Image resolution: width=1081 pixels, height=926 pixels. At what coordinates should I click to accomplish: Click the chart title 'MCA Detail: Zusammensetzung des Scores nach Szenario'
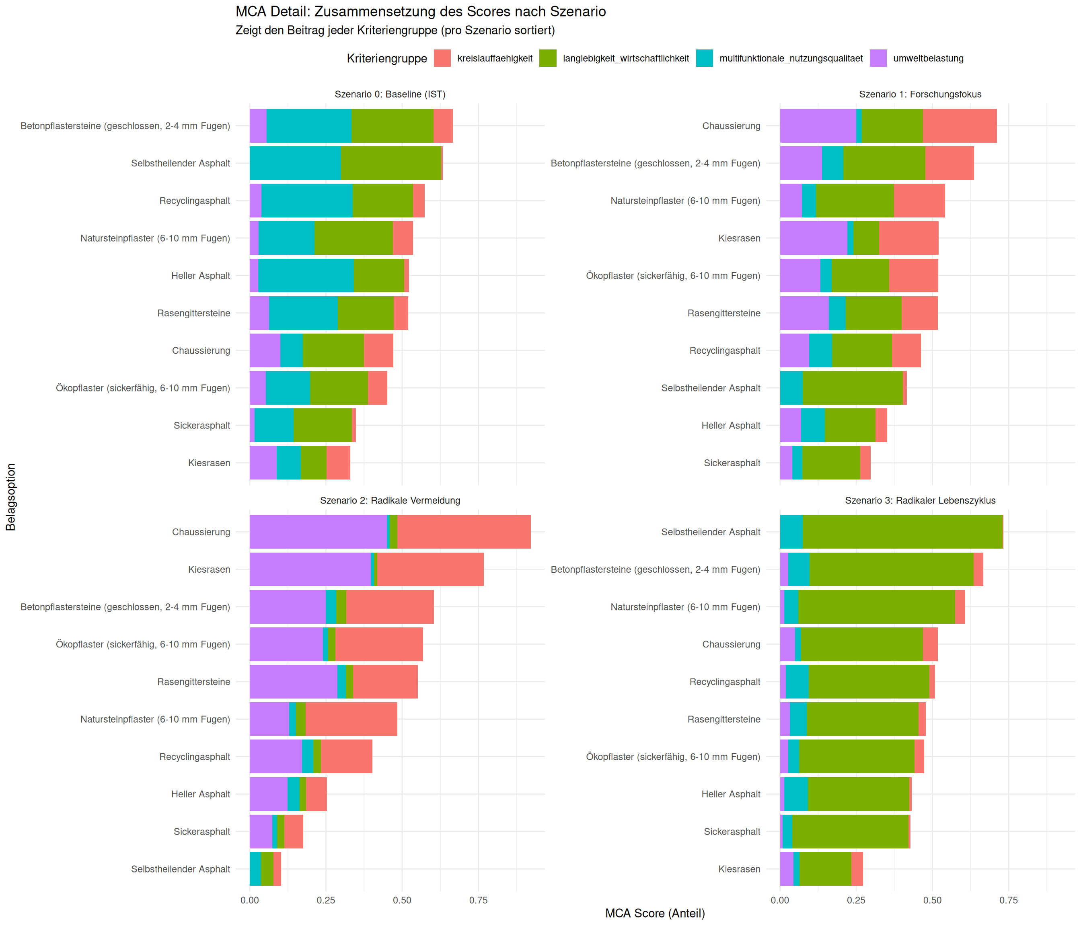[x=421, y=12]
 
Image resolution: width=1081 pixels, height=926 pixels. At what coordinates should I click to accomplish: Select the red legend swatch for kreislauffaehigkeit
[x=442, y=58]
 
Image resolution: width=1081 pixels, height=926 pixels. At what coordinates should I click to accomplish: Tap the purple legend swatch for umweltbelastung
[x=878, y=58]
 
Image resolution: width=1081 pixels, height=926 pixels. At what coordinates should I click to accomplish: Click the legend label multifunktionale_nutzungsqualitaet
[x=791, y=58]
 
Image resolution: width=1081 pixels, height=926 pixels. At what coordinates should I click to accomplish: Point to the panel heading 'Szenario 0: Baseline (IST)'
[x=390, y=94]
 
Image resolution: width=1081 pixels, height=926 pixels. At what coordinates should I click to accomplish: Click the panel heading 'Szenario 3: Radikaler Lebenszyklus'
[x=920, y=500]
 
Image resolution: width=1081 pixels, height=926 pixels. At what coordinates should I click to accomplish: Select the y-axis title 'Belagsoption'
[x=11, y=497]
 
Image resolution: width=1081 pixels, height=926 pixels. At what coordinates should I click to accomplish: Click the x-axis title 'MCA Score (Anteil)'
[x=655, y=913]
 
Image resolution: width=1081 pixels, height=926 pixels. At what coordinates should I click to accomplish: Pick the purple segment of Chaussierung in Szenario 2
[x=318, y=532]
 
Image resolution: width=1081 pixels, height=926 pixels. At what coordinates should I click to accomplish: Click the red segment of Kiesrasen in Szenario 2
[x=430, y=570]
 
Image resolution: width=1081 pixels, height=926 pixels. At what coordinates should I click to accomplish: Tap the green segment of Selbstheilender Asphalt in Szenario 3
[x=902, y=532]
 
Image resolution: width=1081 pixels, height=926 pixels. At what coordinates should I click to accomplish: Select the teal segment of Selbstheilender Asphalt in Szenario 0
[x=295, y=163]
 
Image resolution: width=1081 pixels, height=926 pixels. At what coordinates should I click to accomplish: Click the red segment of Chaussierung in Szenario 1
[x=960, y=126]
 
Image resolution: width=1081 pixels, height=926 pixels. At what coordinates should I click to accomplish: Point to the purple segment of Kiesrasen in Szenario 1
[x=813, y=238]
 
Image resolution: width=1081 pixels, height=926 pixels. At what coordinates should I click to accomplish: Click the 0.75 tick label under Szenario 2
[x=478, y=900]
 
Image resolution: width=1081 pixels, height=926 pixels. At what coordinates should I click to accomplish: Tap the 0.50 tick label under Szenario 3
[x=932, y=900]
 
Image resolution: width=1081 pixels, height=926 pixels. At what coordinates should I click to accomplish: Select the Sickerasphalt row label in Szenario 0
[x=202, y=426]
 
